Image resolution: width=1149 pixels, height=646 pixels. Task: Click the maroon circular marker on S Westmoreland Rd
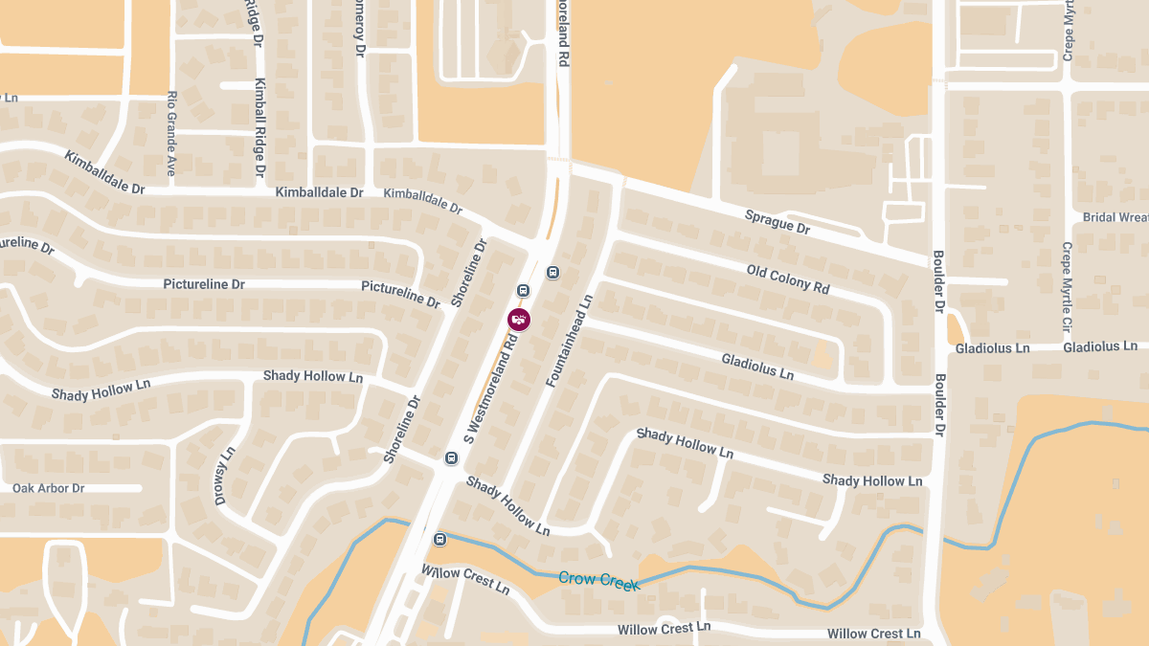tap(519, 320)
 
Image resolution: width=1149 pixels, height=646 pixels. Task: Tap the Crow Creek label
tap(598, 579)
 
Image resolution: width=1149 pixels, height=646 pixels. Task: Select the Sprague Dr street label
tap(777, 222)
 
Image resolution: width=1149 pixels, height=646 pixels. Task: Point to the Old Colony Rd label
tap(788, 278)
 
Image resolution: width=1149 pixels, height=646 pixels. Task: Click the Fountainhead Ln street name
tap(570, 341)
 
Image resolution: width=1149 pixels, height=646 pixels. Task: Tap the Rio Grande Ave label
tap(171, 133)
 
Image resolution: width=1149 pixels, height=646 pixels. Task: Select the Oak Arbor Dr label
tap(49, 488)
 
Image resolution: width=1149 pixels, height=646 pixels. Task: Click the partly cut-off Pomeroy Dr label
tap(361, 29)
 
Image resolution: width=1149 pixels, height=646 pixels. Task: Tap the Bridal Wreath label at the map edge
tap(1115, 217)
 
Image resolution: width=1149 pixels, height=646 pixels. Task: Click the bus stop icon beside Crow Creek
tap(439, 539)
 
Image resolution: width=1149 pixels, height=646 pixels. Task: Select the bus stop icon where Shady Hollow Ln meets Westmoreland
tap(451, 458)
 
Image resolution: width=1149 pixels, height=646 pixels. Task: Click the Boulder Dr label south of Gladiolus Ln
tap(940, 414)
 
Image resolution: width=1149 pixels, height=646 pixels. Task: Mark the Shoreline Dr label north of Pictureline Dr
tap(470, 273)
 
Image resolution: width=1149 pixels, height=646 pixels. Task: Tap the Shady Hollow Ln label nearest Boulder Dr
tap(872, 479)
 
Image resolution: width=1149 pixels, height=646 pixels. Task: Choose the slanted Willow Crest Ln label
tap(465, 579)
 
